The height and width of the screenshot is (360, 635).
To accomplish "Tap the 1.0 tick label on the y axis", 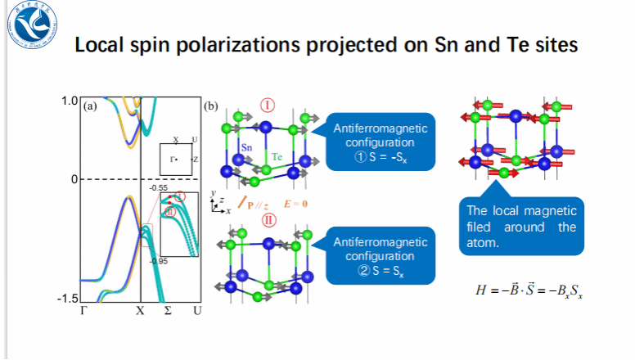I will click(69, 101).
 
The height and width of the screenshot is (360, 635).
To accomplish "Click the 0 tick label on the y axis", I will click(73, 178).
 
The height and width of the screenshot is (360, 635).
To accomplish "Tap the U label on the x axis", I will click(196, 312).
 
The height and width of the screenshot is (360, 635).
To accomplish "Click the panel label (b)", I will click(210, 106).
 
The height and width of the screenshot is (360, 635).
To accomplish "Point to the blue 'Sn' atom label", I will click(246, 147).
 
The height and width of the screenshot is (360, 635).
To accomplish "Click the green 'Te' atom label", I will click(277, 155).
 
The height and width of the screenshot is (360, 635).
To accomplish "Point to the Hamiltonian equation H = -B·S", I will click(529, 290).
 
